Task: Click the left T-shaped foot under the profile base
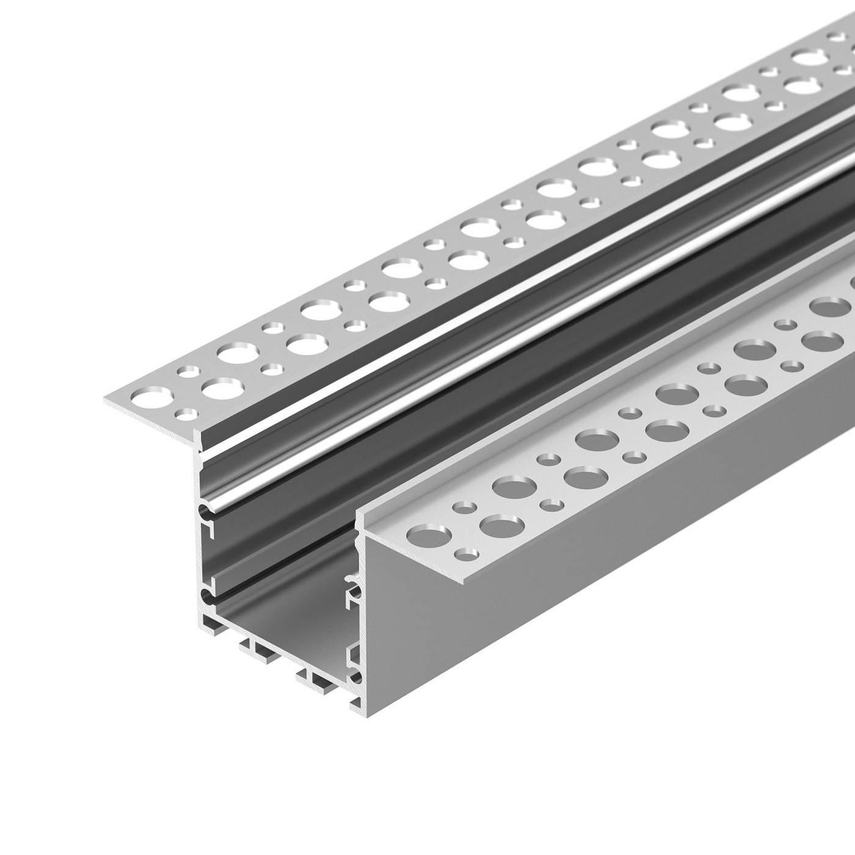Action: pyautogui.click(x=256, y=651)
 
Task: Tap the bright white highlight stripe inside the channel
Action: pyautogui.click(x=489, y=342)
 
